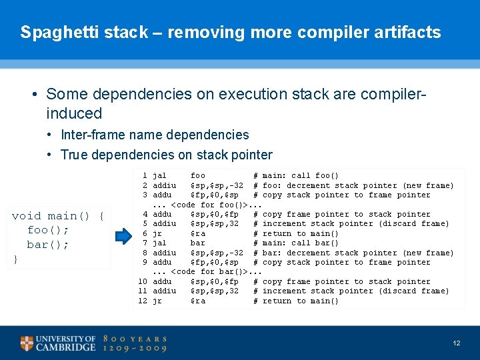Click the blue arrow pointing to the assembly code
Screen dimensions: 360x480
tap(124, 236)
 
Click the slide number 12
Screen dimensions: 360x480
tap(456, 343)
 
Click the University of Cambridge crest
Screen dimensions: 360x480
tap(27, 343)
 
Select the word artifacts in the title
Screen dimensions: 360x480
tap(407, 32)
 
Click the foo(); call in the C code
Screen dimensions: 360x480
tap(48, 230)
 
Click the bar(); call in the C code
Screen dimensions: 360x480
tap(48, 245)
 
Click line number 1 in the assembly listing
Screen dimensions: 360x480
tap(145, 175)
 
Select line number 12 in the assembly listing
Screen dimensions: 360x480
tap(143, 301)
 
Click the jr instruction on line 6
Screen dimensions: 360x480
tap(157, 233)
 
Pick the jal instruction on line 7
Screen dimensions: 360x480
tap(160, 243)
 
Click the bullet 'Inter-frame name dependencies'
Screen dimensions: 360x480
tap(155, 135)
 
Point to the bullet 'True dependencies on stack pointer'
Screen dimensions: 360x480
tap(166, 155)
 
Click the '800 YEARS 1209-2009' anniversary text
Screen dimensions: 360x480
tap(135, 343)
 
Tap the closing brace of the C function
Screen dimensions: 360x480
tap(15, 259)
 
